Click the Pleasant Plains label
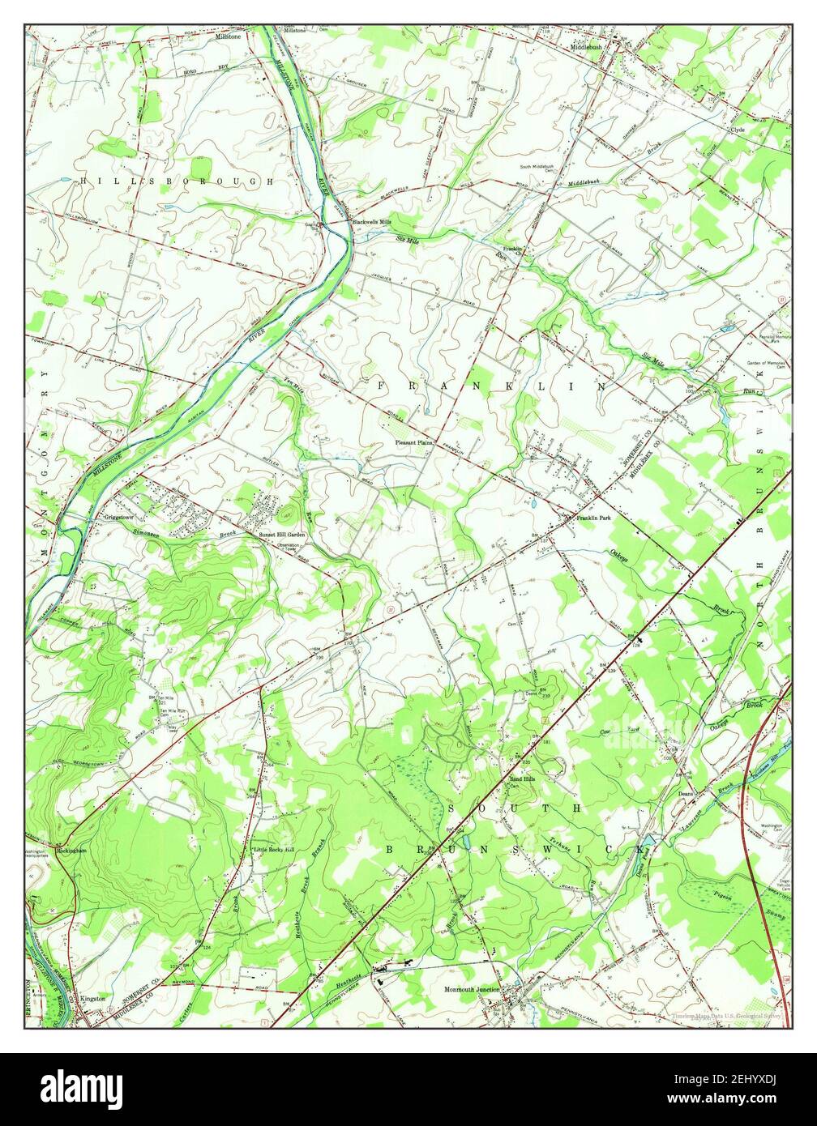(x=414, y=443)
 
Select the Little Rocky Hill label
(x=273, y=850)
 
